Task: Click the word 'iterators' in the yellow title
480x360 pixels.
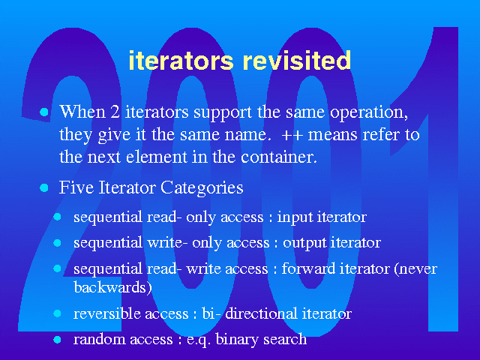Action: (x=181, y=60)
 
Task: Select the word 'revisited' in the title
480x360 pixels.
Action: (x=297, y=60)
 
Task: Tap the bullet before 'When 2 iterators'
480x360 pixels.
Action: (x=44, y=112)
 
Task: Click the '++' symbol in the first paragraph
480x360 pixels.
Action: (x=289, y=135)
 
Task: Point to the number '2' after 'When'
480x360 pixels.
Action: (x=115, y=112)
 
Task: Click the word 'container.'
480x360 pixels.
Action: (x=279, y=157)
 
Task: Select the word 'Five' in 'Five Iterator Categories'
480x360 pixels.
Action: (x=76, y=187)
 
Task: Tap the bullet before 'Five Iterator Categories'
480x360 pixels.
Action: (x=44, y=187)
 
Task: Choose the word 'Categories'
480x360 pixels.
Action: (x=202, y=188)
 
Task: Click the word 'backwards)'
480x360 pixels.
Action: (x=112, y=287)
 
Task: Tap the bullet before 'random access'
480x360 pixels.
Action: (x=57, y=340)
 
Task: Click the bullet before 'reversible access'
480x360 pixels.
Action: (x=57, y=313)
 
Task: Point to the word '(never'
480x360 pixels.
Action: (x=415, y=268)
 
